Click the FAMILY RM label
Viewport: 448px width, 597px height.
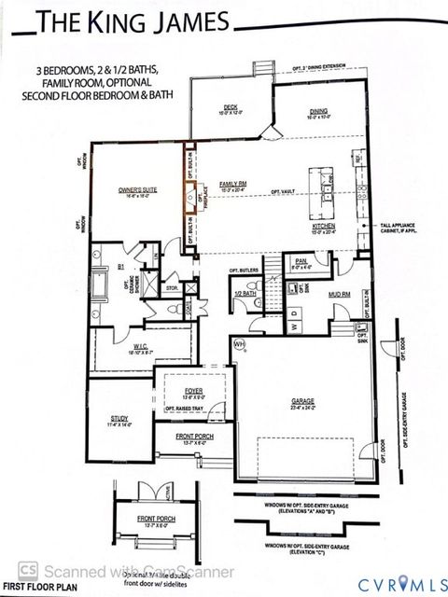point(232,185)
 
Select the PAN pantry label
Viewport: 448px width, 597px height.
point(301,262)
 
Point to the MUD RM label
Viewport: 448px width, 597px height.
point(339,293)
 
